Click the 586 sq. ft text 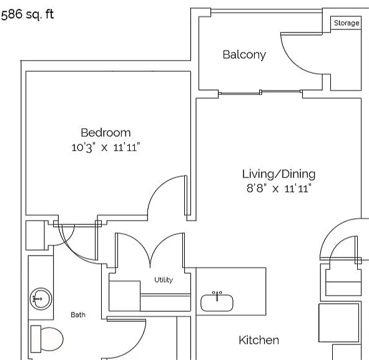click(27, 14)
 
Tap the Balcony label click(244, 55)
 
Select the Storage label click(347, 23)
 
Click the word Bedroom click(106, 132)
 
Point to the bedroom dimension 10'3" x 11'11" click(106, 147)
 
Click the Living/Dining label click(279, 174)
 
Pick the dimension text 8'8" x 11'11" click(279, 189)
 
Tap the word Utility click(164, 279)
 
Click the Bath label click(78, 314)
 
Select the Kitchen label click(259, 340)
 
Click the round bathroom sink click(41, 299)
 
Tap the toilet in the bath click(47, 339)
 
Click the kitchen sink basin click(217, 302)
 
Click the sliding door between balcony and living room click(260, 92)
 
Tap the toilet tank click(36, 339)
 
